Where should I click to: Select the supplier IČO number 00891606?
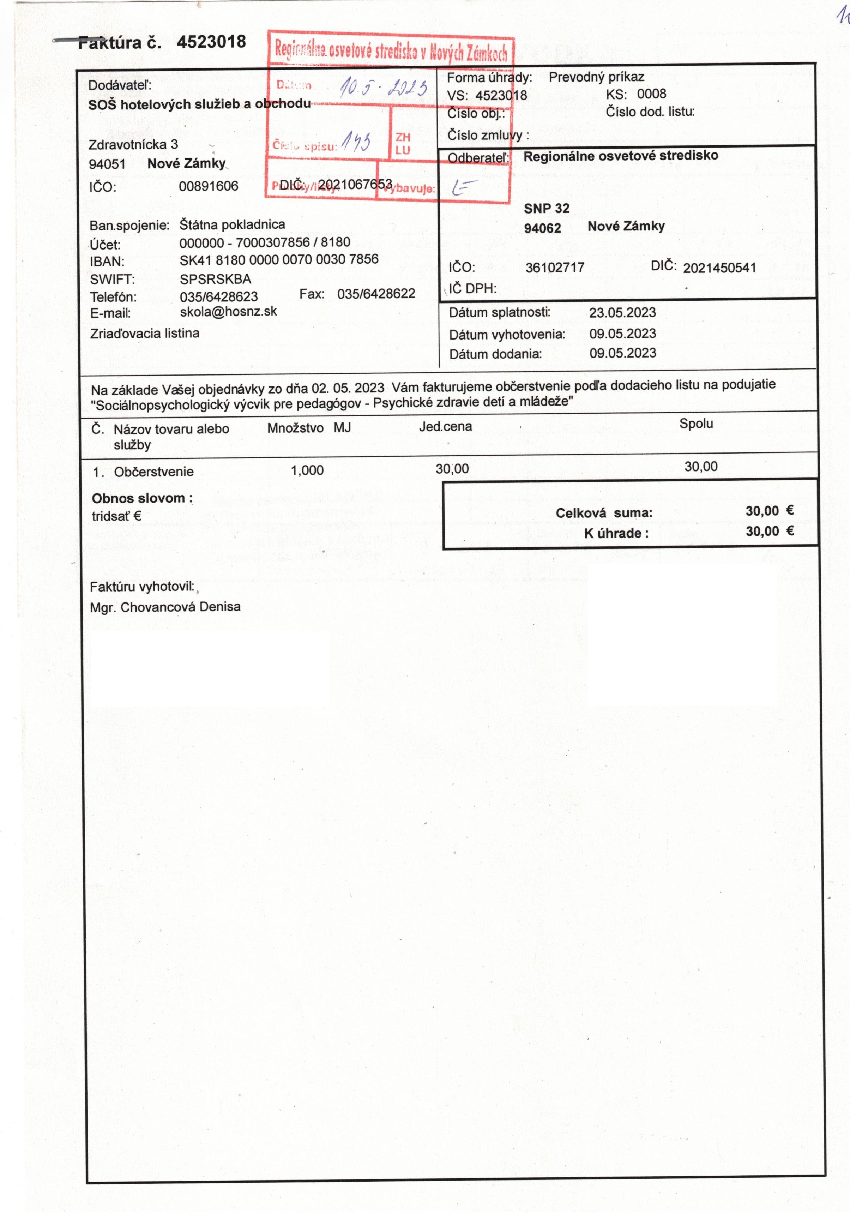coord(208,186)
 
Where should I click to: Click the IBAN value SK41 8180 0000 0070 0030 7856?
coord(279,259)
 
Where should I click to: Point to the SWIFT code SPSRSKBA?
coord(215,278)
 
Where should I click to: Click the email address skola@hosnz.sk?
coord(228,312)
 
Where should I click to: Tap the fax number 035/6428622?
coord(376,294)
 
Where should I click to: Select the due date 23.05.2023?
coord(622,313)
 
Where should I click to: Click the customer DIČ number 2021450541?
coord(719,268)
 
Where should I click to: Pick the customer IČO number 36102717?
coord(555,267)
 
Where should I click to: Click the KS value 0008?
coord(651,94)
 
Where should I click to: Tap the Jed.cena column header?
coord(445,426)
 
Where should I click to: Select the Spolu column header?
coord(696,424)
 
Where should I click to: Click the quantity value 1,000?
coord(307,470)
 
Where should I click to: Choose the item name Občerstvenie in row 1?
coord(154,472)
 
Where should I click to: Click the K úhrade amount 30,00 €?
coord(769,532)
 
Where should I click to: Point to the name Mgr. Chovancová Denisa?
coord(165,607)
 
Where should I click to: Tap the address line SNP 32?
coord(546,209)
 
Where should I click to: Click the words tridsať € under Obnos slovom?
coord(116,516)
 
